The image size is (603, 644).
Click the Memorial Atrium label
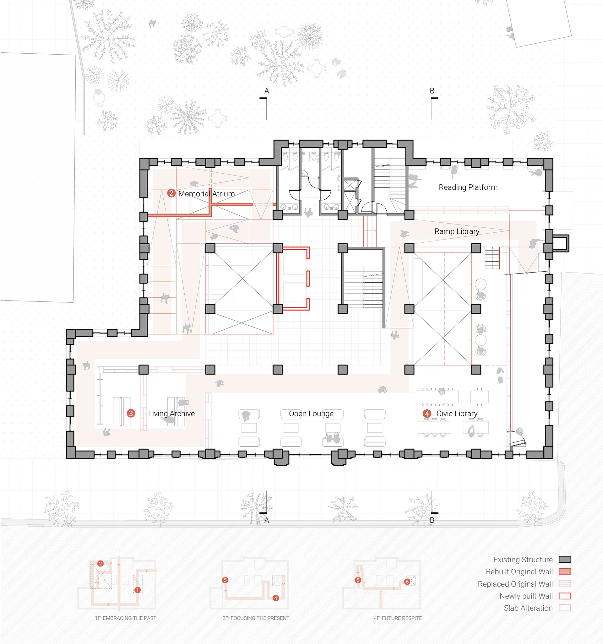tap(206, 194)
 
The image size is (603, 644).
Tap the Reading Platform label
tap(468, 187)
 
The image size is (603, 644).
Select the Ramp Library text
tap(457, 231)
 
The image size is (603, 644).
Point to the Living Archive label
tap(171, 413)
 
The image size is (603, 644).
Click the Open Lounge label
tap(311, 414)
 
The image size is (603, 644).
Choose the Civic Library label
tap(457, 414)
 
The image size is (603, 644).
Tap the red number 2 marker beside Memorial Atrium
tap(171, 193)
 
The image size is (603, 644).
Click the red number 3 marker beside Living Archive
tap(131, 413)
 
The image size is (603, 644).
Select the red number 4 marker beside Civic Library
tap(427, 413)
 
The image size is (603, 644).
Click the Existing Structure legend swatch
tap(565, 560)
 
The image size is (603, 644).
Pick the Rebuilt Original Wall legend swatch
tap(565, 571)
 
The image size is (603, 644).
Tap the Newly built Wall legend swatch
tap(565, 596)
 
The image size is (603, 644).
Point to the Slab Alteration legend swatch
tap(565, 608)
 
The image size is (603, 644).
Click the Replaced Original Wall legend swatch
tap(565, 584)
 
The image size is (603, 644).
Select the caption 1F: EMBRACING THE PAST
tap(125, 618)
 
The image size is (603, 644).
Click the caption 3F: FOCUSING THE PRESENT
tap(256, 618)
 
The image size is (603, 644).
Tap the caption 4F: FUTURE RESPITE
tap(398, 618)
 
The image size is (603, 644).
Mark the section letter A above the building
tap(267, 91)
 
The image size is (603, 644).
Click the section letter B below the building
tap(432, 521)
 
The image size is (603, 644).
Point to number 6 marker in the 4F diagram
tap(407, 582)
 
